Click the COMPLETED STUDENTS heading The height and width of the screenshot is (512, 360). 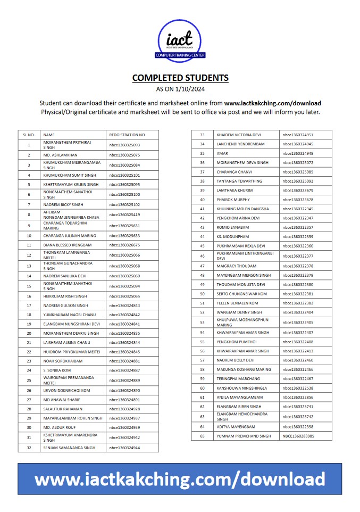click(x=180, y=78)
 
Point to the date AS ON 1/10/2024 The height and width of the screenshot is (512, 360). click(x=180, y=89)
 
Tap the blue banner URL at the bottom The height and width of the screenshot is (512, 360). click(x=180, y=479)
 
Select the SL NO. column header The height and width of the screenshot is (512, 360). click(x=29, y=135)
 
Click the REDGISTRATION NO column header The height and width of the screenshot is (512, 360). click(x=127, y=135)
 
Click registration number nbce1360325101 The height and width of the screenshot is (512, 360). click(x=124, y=175)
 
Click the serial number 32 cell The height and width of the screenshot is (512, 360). click(x=29, y=448)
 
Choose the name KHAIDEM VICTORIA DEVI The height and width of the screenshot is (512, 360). click(x=239, y=135)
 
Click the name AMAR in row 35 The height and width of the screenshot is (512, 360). click(x=222, y=153)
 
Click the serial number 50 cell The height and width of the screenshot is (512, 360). click(x=202, y=294)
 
